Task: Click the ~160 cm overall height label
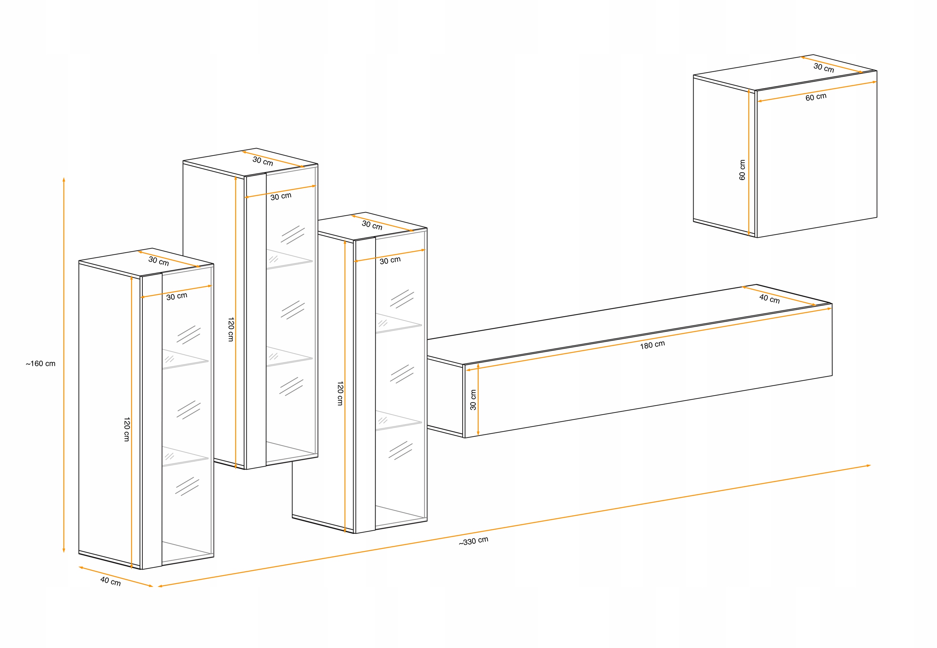point(41,363)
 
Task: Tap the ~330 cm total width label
point(474,541)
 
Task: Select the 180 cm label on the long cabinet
point(653,345)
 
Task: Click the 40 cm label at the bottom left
point(111,581)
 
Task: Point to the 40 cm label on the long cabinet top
point(770,299)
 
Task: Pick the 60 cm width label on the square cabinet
point(816,97)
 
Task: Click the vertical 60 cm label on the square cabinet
point(742,170)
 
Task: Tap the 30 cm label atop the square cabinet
point(824,68)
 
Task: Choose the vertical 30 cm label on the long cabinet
point(473,400)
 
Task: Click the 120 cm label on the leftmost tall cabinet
point(127,429)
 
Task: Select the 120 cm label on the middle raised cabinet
point(231,329)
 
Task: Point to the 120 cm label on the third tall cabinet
point(340,393)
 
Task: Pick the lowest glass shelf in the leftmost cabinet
point(185,456)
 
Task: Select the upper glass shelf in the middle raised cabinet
point(289,259)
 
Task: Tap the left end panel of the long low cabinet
point(445,397)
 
